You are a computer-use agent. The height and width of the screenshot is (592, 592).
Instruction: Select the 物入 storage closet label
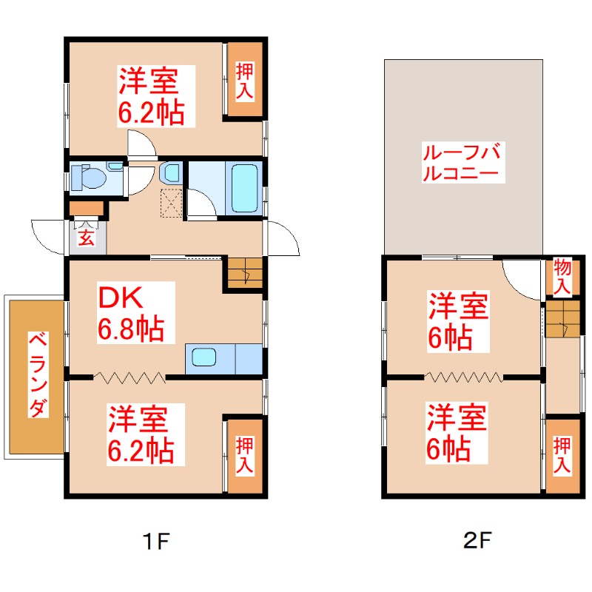[x=562, y=276]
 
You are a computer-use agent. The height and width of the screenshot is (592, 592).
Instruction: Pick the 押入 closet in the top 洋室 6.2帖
[x=245, y=81]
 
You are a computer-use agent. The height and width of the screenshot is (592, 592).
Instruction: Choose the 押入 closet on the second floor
[x=562, y=456]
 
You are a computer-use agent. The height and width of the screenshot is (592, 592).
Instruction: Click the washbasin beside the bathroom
[x=171, y=173]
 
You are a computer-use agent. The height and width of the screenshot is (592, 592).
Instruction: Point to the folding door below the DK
[x=129, y=377]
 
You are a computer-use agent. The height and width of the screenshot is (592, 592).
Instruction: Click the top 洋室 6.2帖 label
[x=152, y=96]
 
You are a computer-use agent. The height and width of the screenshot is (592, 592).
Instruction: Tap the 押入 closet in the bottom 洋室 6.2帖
[x=245, y=456]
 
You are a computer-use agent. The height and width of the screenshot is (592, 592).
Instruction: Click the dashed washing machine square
[x=172, y=201]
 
